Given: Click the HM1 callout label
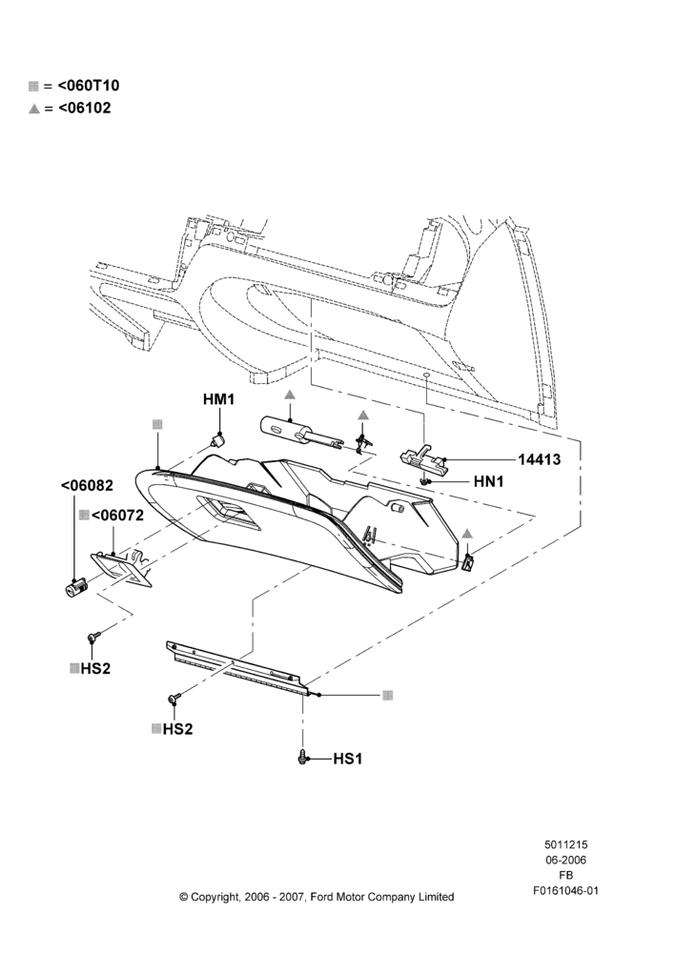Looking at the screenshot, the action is tap(218, 399).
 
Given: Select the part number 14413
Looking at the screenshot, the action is tap(540, 459).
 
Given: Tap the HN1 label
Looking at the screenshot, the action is tap(489, 481).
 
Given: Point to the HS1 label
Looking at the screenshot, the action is tap(347, 759).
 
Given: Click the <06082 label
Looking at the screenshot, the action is tap(87, 486).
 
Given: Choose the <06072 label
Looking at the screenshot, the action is tap(117, 516).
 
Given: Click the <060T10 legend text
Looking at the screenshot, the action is tap(89, 86).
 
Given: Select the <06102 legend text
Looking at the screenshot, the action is tap(85, 109).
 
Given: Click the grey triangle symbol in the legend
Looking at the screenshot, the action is tap(34, 110).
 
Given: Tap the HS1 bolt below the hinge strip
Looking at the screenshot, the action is tap(303, 758).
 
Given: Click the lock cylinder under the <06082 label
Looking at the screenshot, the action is tap(76, 587).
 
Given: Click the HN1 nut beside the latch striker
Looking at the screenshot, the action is tap(425, 481).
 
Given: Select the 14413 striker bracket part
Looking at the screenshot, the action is tap(422, 458).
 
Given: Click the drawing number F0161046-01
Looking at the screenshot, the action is tap(565, 890).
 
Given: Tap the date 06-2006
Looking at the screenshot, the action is tap(565, 860).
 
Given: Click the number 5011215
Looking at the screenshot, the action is tap(565, 844).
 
